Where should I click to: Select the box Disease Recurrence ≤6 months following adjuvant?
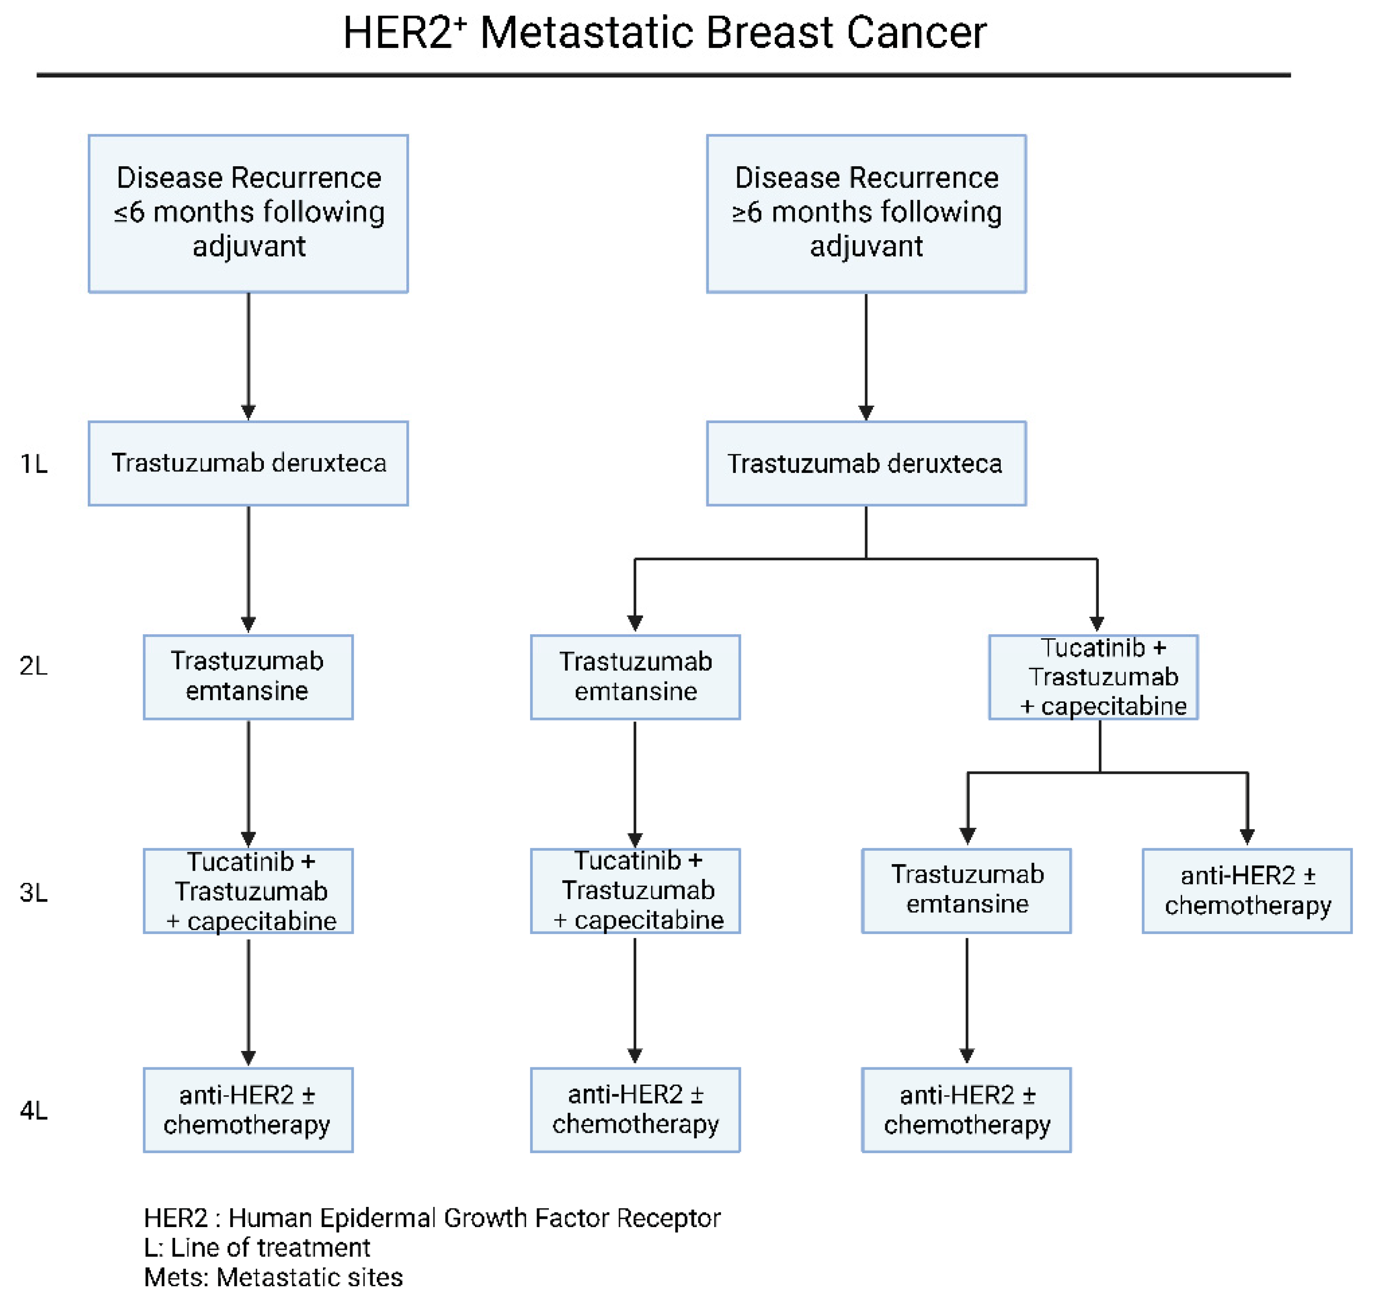click(x=249, y=214)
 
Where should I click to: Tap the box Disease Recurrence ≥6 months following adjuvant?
click(x=866, y=214)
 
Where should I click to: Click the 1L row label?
click(x=34, y=464)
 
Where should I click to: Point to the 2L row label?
click(x=34, y=666)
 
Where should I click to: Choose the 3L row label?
click(x=34, y=893)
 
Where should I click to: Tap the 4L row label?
click(x=34, y=1110)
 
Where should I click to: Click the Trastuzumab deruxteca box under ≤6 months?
click(x=249, y=463)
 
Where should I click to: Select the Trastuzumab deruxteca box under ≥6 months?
click(x=866, y=463)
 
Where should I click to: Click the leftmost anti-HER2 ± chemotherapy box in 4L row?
click(x=249, y=1110)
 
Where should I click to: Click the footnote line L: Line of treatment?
click(x=257, y=1248)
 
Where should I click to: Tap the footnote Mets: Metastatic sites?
click(x=273, y=1278)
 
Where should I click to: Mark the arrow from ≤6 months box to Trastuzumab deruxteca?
click(x=249, y=355)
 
